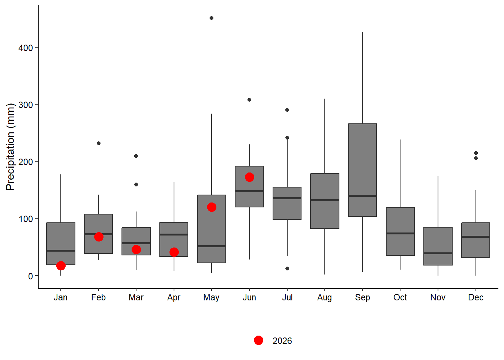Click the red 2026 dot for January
coord(61,266)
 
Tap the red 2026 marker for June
coord(249,177)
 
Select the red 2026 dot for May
coord(211,207)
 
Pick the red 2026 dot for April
coord(174,252)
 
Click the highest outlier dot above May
coord(211,18)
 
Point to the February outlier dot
coord(99,143)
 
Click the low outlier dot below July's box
coord(287,268)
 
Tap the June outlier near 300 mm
coord(249,100)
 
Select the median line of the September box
coord(363,196)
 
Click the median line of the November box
coord(438,253)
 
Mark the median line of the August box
coord(325,200)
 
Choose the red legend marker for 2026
coord(258,340)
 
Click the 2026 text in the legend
coord(282,340)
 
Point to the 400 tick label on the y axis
coord(25,48)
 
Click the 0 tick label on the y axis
coord(30,276)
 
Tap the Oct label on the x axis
coord(400,297)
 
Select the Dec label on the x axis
coord(475,297)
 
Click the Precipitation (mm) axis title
coord(10,147)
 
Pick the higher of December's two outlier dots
coord(476,153)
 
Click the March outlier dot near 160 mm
coord(136,184)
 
